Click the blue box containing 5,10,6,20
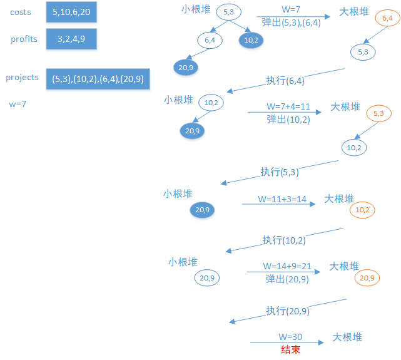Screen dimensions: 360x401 point(72,12)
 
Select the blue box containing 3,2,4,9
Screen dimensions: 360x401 point(72,39)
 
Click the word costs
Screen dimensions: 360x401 point(21,13)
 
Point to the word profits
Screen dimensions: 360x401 point(24,39)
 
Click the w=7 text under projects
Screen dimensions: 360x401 point(18,103)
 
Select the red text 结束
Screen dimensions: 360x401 point(290,350)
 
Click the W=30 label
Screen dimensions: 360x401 point(290,337)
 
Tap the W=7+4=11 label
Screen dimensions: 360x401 point(288,106)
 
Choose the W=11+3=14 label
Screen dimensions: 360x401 point(282,198)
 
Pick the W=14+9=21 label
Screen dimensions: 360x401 point(287,266)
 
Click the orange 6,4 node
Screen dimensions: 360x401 point(387,19)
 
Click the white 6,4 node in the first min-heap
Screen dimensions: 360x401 point(209,40)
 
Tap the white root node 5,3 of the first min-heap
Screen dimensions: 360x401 point(228,12)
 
